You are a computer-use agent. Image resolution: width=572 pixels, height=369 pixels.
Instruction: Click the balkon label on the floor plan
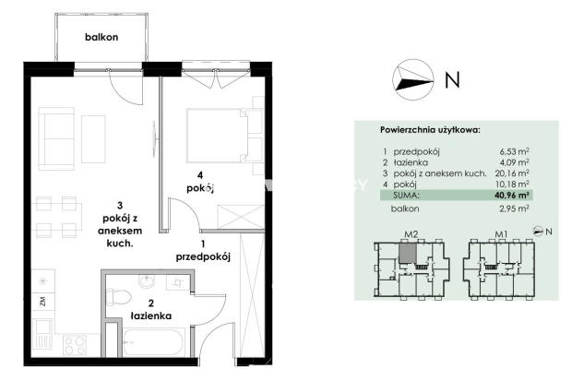pyautogui.click(x=101, y=37)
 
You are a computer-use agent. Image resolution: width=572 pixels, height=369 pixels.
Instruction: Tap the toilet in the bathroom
pyautogui.click(x=118, y=296)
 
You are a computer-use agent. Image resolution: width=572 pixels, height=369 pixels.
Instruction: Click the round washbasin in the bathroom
pyautogui.click(x=147, y=281)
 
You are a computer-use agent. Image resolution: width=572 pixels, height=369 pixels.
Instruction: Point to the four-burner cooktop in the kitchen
pyautogui.click(x=75, y=345)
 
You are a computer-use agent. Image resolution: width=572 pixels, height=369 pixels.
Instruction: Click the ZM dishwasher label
pyautogui.click(x=42, y=301)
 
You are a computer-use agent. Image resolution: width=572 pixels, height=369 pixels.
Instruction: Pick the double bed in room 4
pyautogui.click(x=218, y=135)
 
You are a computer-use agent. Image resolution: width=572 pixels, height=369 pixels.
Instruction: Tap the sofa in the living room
pyautogui.click(x=56, y=138)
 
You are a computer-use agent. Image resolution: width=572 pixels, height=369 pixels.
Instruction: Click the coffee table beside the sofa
pyautogui.click(x=93, y=139)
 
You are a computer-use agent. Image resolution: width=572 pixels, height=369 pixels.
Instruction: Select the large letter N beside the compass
pyautogui.click(x=452, y=79)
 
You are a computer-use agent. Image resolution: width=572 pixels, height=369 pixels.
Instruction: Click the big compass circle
pyautogui.click(x=413, y=79)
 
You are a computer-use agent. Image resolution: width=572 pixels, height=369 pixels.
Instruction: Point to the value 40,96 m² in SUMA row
pyautogui.click(x=512, y=195)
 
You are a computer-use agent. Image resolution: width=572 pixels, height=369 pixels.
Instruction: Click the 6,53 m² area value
pyautogui.click(x=515, y=151)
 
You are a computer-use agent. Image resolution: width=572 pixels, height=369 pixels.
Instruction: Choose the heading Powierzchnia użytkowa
pyautogui.click(x=430, y=130)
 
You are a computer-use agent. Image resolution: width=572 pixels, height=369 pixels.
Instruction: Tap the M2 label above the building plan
pyautogui.click(x=411, y=234)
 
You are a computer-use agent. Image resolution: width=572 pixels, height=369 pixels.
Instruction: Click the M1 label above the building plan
pyautogui.click(x=501, y=234)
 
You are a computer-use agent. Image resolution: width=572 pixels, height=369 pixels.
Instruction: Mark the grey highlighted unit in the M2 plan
pyautogui.click(x=408, y=254)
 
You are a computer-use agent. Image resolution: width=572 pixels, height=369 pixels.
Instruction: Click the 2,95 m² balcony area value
pyautogui.click(x=515, y=208)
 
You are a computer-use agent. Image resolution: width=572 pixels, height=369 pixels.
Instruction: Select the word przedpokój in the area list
pyautogui.click(x=416, y=151)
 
